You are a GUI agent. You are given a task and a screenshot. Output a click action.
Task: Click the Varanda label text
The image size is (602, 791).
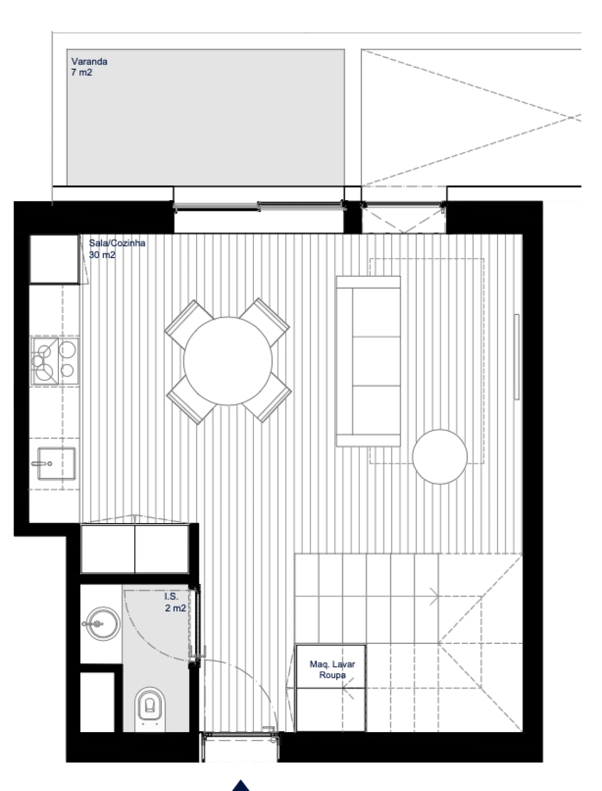tap(89, 62)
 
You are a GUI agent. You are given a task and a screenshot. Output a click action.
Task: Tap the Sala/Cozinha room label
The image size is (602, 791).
tap(117, 243)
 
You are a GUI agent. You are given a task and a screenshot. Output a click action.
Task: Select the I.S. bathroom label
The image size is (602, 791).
tap(171, 597)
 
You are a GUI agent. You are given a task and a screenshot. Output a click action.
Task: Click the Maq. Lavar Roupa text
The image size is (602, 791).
tap(332, 670)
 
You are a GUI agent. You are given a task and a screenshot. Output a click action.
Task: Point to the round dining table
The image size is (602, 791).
tap(228, 361)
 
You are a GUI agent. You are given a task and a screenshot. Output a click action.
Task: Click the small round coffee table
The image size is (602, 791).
tap(440, 456)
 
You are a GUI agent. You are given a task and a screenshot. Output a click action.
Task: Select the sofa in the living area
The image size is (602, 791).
tap(368, 361)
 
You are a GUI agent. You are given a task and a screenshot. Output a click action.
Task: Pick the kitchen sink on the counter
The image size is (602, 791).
tap(56, 464)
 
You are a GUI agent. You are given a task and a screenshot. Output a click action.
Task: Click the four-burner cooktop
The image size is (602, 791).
tap(54, 360)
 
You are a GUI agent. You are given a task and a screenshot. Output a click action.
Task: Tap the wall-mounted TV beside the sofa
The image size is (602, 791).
tap(516, 357)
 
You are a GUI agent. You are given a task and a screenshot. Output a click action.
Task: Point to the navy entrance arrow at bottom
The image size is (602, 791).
tap(241, 785)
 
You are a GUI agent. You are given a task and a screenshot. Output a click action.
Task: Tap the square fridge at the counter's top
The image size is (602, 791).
tap(54, 259)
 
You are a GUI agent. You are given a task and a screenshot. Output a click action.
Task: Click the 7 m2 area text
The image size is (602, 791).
tap(82, 73)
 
